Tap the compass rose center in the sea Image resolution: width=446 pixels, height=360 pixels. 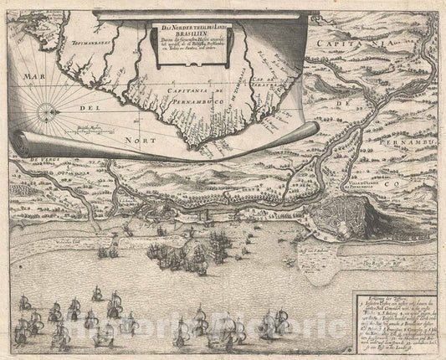pos(46,109)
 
